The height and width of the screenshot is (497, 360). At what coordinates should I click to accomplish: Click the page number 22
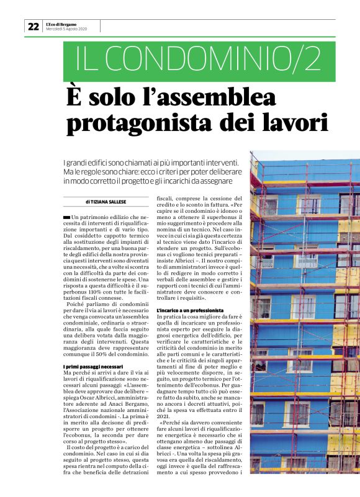(x=33, y=27)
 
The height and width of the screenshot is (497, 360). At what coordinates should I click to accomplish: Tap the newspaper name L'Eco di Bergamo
(x=62, y=24)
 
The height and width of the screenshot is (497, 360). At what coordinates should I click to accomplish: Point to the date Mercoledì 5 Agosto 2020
(x=66, y=30)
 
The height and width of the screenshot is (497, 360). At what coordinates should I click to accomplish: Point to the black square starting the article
(x=67, y=215)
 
